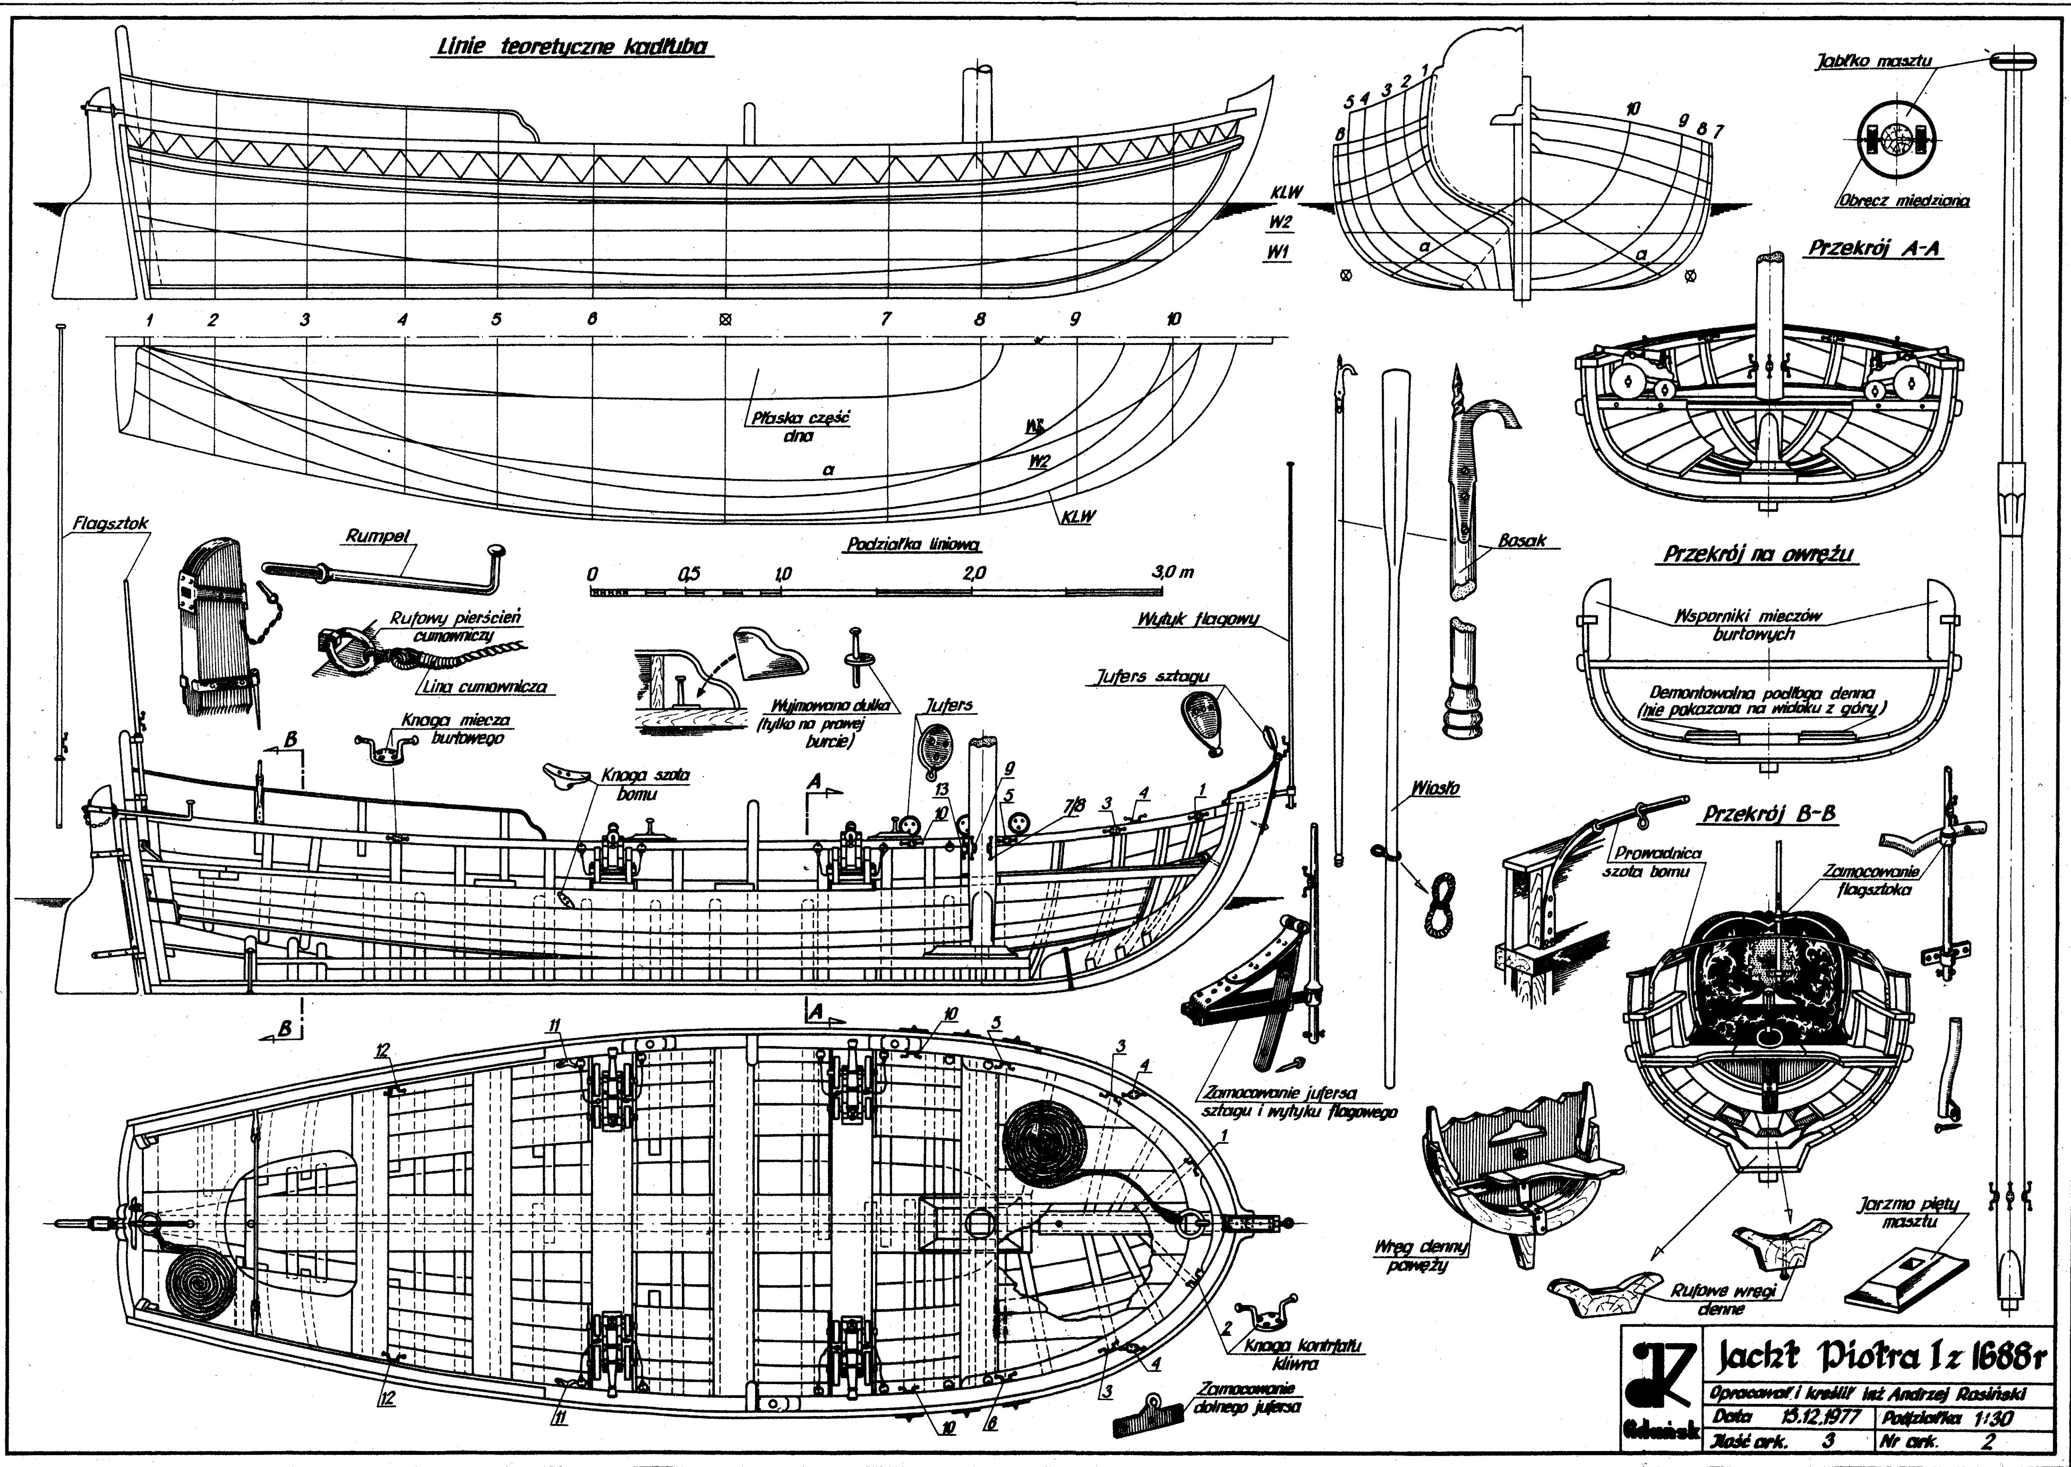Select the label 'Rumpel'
(x=378, y=536)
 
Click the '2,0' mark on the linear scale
(x=974, y=573)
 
